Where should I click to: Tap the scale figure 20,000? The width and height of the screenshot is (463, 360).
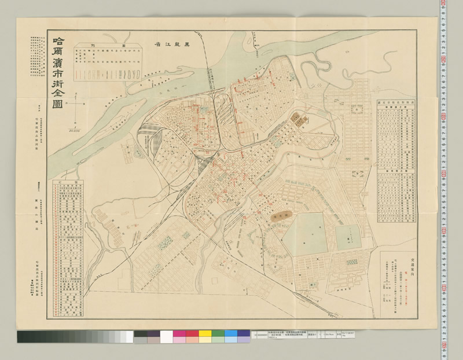pyautogui.click(x=74, y=131)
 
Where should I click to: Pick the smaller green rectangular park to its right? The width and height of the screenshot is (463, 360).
pyautogui.click(x=348, y=237)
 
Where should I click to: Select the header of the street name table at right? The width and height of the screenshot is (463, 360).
pyautogui.click(x=399, y=104)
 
